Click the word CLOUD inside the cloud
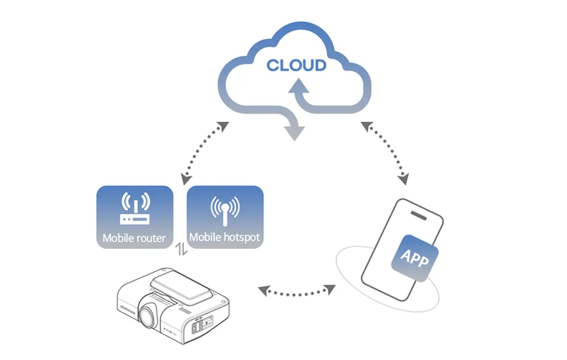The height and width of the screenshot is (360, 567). tap(296, 66)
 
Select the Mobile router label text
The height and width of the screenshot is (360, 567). tap(134, 238)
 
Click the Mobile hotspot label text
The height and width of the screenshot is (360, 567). tap(224, 237)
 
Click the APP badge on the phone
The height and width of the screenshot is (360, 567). tap(415, 257)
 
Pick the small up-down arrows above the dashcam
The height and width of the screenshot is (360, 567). tap(180, 250)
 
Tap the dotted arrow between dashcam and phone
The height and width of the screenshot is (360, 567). tap(296, 291)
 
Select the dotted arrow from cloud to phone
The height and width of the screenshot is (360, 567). tap(384, 153)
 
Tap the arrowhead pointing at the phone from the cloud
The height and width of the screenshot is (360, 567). tap(404, 179)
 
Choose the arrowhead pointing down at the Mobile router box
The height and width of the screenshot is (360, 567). tap(184, 178)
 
